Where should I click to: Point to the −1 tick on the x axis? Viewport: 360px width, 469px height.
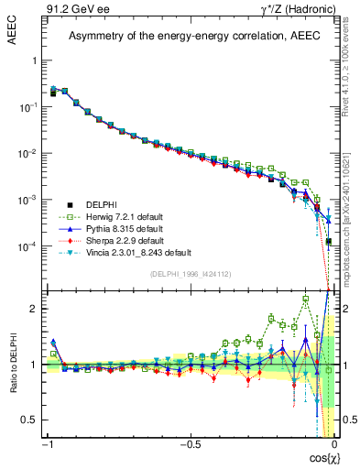(x=47, y=444)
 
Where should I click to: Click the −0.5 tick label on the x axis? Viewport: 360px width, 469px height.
(x=188, y=444)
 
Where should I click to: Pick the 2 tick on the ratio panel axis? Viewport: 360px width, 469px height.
(x=34, y=309)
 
